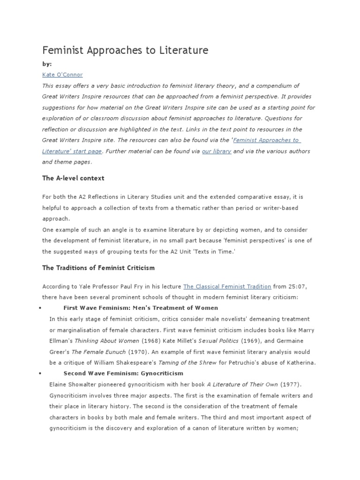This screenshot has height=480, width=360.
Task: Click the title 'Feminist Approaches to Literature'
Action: coord(125,50)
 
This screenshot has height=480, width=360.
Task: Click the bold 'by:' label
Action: coord(47,64)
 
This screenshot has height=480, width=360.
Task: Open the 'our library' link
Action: coord(216,151)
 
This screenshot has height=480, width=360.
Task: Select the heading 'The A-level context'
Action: coord(73,179)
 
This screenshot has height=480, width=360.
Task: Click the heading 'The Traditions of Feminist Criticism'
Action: coord(98,268)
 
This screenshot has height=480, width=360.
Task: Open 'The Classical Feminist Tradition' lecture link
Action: coord(227,286)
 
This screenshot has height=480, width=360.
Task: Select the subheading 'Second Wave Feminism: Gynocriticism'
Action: coord(123,374)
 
